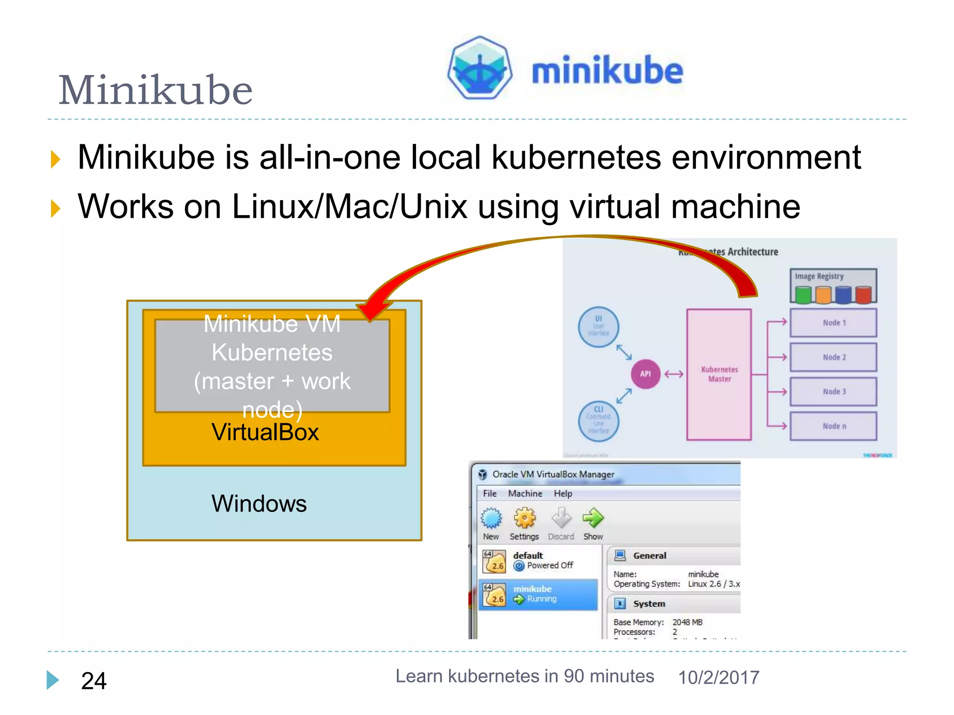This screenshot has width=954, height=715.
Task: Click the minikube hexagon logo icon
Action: point(480,68)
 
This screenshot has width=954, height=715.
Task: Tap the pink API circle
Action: point(645,374)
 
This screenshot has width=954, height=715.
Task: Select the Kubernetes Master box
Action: point(719,374)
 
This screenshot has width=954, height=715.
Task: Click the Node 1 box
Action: point(833,323)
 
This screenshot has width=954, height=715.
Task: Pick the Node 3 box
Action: point(833,391)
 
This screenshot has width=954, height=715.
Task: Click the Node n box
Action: point(833,426)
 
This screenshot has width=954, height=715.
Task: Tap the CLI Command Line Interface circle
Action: point(599,421)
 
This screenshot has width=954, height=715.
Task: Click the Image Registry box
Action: point(833,286)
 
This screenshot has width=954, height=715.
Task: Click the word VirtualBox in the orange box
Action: point(265,432)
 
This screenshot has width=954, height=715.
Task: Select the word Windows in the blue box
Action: point(259,504)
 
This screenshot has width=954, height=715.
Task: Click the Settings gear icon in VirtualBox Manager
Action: point(525,519)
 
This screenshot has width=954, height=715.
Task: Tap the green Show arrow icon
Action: point(593,518)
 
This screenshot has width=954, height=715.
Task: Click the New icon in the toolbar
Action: point(491,519)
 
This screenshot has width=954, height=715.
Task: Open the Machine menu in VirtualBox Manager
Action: point(525,493)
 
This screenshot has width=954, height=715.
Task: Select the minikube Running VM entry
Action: point(538,594)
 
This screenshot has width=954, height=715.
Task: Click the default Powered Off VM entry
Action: point(538,560)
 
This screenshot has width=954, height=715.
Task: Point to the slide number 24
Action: point(94,681)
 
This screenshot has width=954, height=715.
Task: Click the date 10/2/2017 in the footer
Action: point(718,678)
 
